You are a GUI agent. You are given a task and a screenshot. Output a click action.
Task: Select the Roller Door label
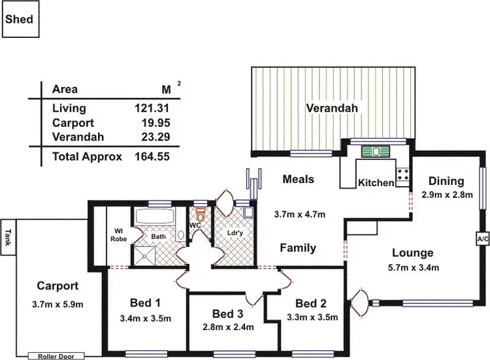[x=56, y=356]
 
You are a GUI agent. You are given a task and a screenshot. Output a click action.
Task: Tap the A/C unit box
[x=483, y=239]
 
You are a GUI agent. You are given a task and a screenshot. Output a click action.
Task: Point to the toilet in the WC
[x=201, y=214]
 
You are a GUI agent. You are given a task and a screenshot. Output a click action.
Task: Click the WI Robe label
[x=118, y=233]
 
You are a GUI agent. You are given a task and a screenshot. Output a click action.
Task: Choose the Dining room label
[x=446, y=181]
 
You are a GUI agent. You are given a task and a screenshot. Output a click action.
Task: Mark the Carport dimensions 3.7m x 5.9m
[x=57, y=303]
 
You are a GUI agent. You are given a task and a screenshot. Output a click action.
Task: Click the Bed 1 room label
[x=144, y=303]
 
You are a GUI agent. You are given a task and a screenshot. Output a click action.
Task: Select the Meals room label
[x=298, y=179]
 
